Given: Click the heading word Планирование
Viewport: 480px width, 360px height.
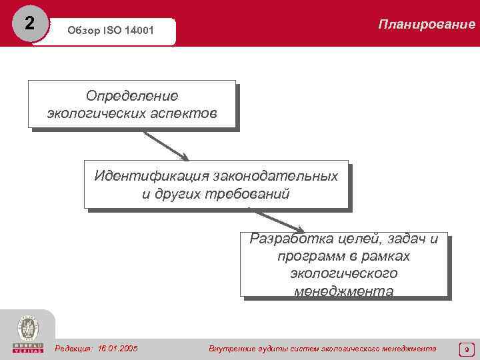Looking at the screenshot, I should (427, 25).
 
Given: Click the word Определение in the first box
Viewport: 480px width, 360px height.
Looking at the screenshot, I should (132, 96).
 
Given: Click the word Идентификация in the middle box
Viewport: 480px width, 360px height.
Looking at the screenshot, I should (151, 177).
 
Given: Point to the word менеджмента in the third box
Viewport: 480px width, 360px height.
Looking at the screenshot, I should (343, 291).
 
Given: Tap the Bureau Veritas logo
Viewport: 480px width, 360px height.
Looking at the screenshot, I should (27, 333).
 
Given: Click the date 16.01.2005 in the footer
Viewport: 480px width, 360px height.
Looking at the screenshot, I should (117, 349).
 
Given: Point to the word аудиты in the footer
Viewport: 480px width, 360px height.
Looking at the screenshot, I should (265, 349).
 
